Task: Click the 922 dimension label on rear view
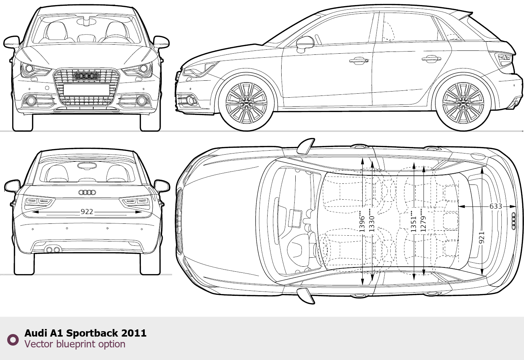pyautogui.click(x=87, y=212)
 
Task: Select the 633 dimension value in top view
pyautogui.click(x=496, y=206)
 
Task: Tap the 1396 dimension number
pyautogui.click(x=362, y=223)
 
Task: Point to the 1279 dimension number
pyautogui.click(x=423, y=223)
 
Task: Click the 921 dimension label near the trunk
pyautogui.click(x=482, y=237)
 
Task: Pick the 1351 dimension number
pyautogui.click(x=413, y=223)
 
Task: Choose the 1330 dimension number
pyautogui.click(x=372, y=223)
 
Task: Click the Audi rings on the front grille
pyautogui.click(x=86, y=76)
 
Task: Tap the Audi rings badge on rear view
pyautogui.click(x=87, y=192)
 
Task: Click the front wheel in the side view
pyautogui.click(x=246, y=103)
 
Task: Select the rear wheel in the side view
pyautogui.click(x=463, y=103)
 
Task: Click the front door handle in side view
pyautogui.click(x=358, y=61)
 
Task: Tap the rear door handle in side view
pyautogui.click(x=431, y=58)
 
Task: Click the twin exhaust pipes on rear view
pyautogui.click(x=53, y=249)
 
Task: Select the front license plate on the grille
pyautogui.click(x=86, y=89)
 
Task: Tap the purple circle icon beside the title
pyautogui.click(x=13, y=339)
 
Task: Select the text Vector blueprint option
pyautogui.click(x=75, y=344)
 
